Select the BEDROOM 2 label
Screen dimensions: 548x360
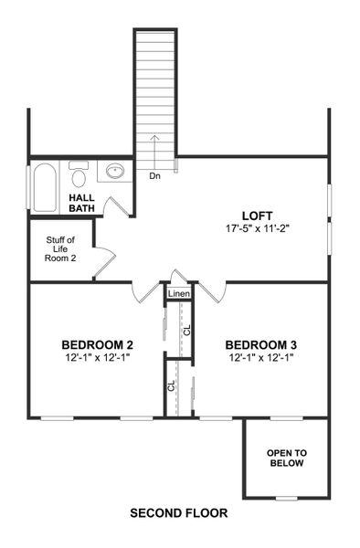pos(98,344)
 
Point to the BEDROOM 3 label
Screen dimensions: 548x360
pos(261,344)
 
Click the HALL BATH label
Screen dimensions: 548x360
pos(82,203)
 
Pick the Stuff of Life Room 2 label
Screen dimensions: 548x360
pos(60,249)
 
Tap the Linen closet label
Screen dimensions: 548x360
pos(179,294)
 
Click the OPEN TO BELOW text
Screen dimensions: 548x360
pos(286,458)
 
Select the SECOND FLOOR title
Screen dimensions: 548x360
pos(179,513)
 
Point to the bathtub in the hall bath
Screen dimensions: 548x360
pos(45,188)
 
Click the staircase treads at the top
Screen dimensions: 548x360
pos(154,82)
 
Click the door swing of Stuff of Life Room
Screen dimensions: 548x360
pos(103,259)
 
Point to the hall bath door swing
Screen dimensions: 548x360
pos(115,205)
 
